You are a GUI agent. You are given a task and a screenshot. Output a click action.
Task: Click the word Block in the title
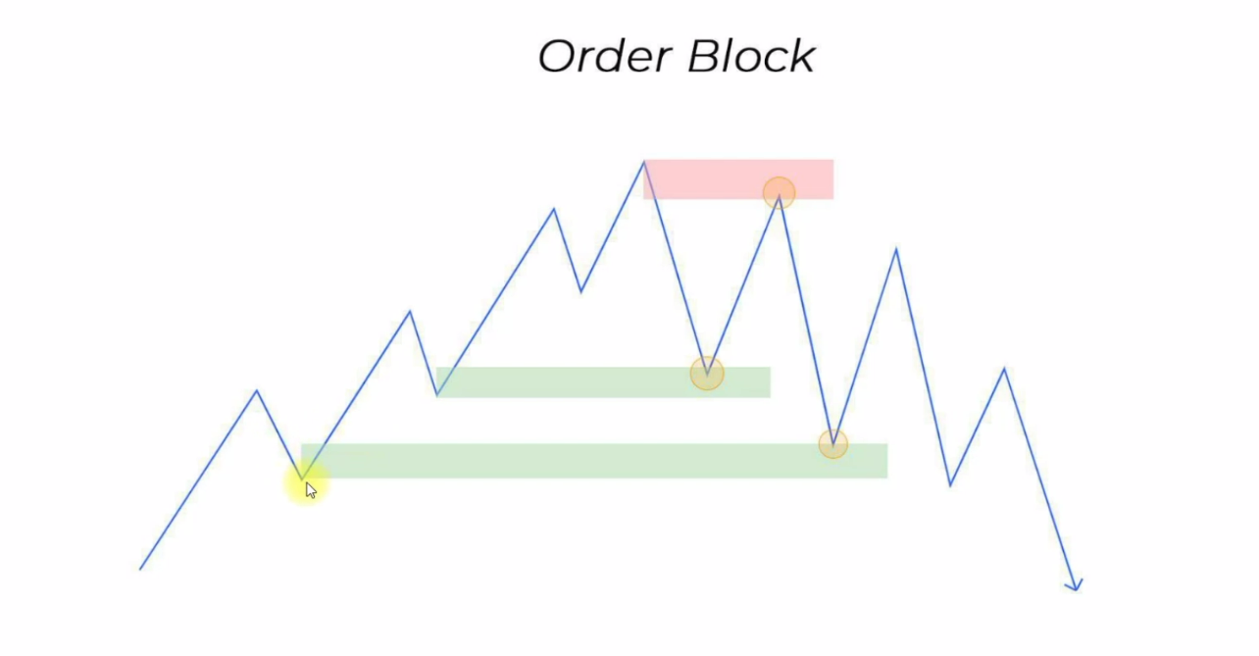pyautogui.click(x=751, y=56)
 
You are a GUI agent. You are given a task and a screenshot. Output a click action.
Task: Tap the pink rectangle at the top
pyautogui.click(x=738, y=179)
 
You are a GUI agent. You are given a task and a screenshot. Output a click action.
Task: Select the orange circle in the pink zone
pyautogui.click(x=779, y=193)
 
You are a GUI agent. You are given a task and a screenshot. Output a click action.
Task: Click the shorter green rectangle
pyautogui.click(x=603, y=382)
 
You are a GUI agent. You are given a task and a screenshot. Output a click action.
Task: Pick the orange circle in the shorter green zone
pyautogui.click(x=707, y=373)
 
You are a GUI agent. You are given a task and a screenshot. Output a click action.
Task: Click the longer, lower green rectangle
pyautogui.click(x=594, y=461)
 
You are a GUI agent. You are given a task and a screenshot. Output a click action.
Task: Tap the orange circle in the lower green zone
pyautogui.click(x=833, y=444)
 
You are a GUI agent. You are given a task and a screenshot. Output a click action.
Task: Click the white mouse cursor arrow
pyautogui.click(x=311, y=490)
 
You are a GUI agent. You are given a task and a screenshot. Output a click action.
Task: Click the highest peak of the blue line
pyautogui.click(x=644, y=162)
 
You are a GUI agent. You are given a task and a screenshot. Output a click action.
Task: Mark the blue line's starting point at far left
pyautogui.click(x=140, y=570)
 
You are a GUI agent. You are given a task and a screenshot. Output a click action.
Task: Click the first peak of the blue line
pyautogui.click(x=257, y=390)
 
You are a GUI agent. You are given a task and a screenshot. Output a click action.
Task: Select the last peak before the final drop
pyautogui.click(x=1004, y=369)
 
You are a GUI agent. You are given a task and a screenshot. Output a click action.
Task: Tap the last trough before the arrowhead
pyautogui.click(x=950, y=485)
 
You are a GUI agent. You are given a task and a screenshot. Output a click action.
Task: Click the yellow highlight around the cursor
pyautogui.click(x=306, y=482)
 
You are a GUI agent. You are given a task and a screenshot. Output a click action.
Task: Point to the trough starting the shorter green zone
pyautogui.click(x=437, y=395)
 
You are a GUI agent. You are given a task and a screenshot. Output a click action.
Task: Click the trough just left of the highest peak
pyautogui.click(x=580, y=292)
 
